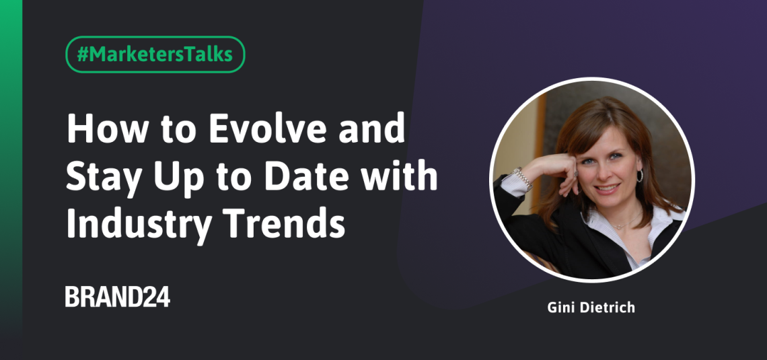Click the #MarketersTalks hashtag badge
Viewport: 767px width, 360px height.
click(155, 55)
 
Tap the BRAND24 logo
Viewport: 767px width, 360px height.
click(118, 297)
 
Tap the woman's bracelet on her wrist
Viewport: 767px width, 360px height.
click(522, 178)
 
